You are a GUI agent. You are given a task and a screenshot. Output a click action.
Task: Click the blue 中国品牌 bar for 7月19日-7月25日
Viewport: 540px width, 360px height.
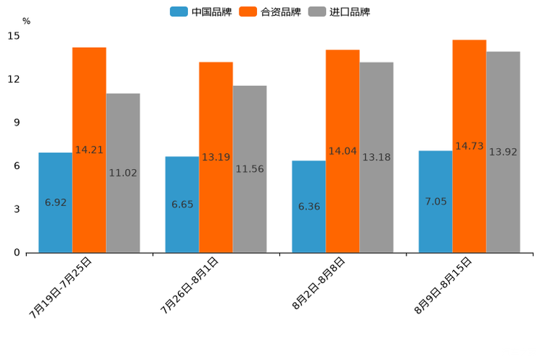(x=55, y=202)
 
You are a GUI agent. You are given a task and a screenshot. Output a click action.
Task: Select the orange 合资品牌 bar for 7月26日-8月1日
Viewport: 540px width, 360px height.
(x=216, y=157)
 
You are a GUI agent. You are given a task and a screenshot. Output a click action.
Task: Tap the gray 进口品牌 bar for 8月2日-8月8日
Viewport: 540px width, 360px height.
(x=376, y=157)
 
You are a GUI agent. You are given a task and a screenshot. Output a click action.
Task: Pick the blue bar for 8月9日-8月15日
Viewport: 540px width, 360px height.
(x=435, y=201)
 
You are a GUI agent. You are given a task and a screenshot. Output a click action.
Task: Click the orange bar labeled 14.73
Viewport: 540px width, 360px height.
(x=469, y=146)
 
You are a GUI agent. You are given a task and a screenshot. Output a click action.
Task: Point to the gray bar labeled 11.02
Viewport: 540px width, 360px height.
(x=123, y=173)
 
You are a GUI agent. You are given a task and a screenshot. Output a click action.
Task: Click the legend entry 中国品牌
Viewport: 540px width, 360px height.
(x=201, y=12)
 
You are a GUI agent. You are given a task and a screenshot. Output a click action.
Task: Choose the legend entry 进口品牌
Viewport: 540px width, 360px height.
(x=339, y=12)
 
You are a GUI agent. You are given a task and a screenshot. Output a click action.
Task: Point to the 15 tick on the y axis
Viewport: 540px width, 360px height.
(x=14, y=36)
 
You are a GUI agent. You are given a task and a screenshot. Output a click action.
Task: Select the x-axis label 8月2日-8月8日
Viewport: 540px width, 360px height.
(x=319, y=284)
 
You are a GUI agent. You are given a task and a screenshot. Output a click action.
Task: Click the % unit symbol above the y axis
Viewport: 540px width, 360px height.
(x=26, y=21)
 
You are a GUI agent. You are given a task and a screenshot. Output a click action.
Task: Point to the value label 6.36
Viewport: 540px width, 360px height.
(x=308, y=207)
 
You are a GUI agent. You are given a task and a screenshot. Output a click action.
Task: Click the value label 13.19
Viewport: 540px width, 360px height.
(x=216, y=157)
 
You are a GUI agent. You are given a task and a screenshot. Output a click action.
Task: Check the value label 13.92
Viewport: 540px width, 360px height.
(x=503, y=152)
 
